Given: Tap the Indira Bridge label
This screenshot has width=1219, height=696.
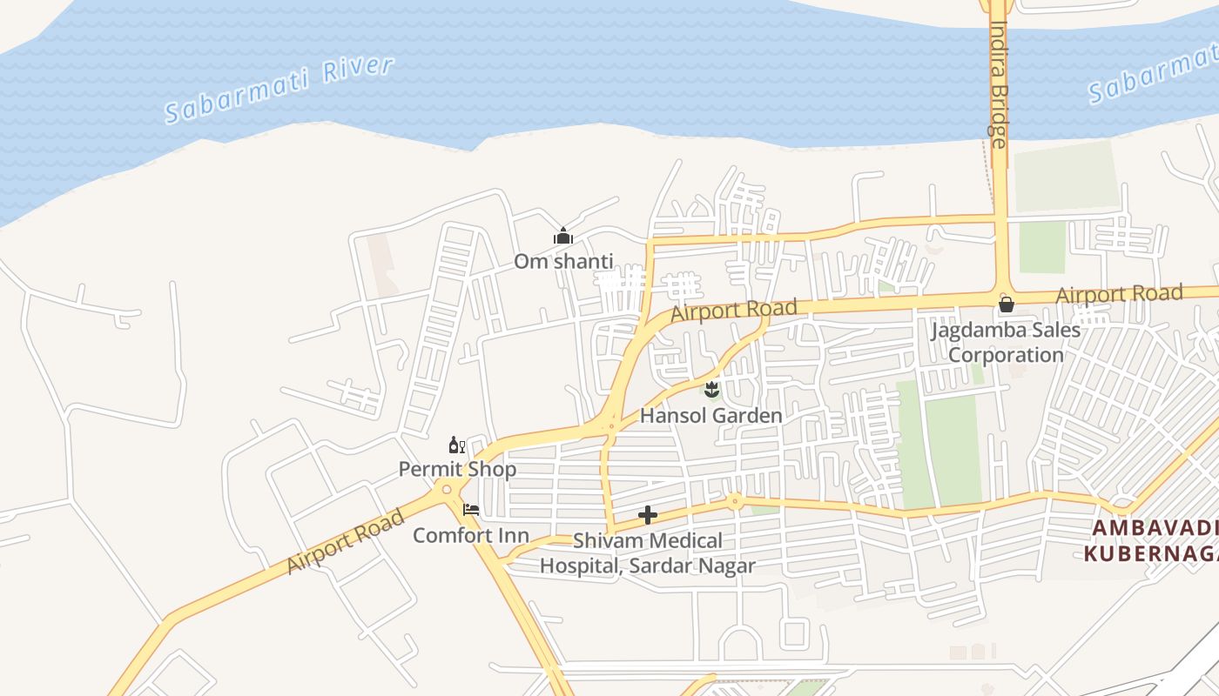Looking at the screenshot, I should [998, 84].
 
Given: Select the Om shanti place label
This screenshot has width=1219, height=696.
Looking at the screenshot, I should [563, 261].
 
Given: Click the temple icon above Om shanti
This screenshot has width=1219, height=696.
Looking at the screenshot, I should [563, 236].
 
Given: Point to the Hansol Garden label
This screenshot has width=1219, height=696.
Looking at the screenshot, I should [711, 416].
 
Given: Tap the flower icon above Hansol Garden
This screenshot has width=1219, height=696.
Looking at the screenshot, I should [712, 388].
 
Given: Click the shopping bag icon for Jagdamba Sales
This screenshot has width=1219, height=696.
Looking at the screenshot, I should [1006, 304].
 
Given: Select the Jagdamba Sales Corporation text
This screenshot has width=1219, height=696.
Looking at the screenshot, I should [1006, 343].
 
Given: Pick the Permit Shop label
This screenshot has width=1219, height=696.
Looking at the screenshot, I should [457, 469].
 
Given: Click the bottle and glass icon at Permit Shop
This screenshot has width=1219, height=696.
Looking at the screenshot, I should [456, 445].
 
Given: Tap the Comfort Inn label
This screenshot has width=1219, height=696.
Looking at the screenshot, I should [471, 535].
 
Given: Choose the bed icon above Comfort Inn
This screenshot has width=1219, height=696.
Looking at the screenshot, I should [471, 510].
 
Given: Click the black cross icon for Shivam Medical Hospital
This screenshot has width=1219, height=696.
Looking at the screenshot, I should [647, 515].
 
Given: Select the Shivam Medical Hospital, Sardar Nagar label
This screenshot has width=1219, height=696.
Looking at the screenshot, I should [648, 553].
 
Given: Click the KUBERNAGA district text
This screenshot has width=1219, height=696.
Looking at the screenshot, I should [1150, 553].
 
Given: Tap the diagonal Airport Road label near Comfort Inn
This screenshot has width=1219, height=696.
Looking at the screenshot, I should [346, 541].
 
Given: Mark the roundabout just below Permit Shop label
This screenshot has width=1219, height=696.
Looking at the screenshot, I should [447, 489].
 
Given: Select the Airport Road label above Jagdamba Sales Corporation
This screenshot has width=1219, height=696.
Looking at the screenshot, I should [1119, 294].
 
